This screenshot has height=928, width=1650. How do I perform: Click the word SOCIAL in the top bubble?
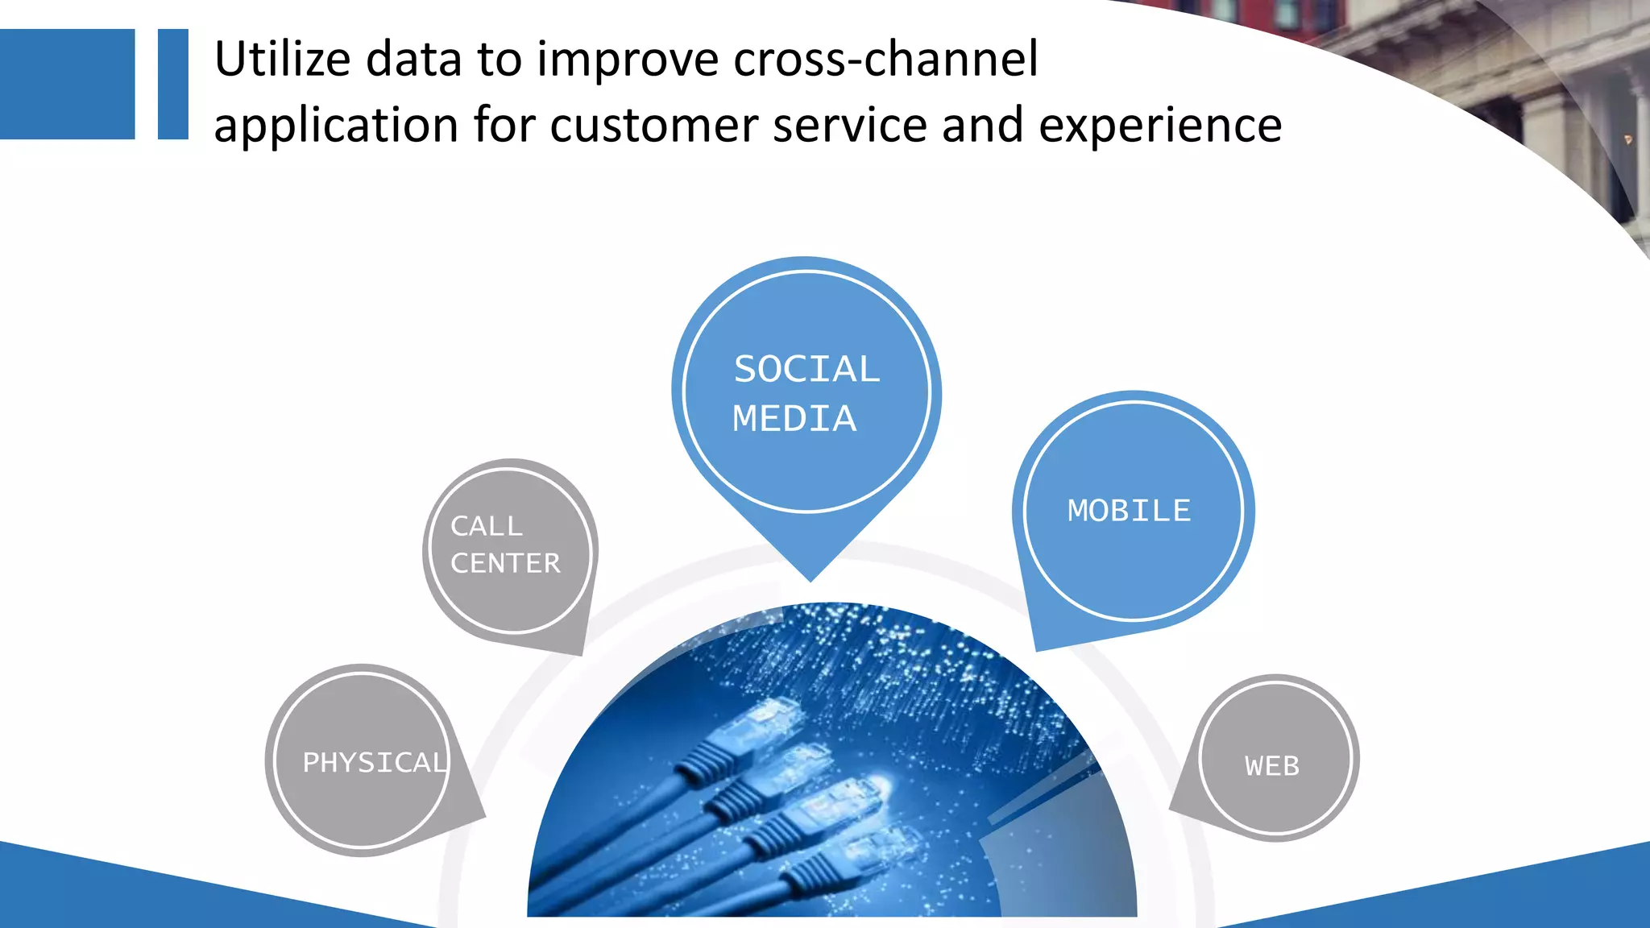[x=806, y=370]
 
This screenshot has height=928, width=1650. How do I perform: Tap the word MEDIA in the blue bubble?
[x=794, y=419]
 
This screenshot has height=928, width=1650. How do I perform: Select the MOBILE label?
[x=1129, y=511]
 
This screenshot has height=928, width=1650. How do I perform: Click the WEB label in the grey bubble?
[x=1272, y=765]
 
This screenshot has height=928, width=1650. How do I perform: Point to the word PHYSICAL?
[x=374, y=762]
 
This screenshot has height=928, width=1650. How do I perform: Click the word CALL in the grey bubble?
[x=487, y=526]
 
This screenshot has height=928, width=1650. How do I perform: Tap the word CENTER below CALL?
[x=505, y=563]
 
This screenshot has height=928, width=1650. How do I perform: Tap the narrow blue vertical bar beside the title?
[x=172, y=84]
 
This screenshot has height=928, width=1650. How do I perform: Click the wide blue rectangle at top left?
[x=67, y=84]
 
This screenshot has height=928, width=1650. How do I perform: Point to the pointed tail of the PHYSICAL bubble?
[x=479, y=815]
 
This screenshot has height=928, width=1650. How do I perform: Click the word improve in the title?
[x=628, y=60]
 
